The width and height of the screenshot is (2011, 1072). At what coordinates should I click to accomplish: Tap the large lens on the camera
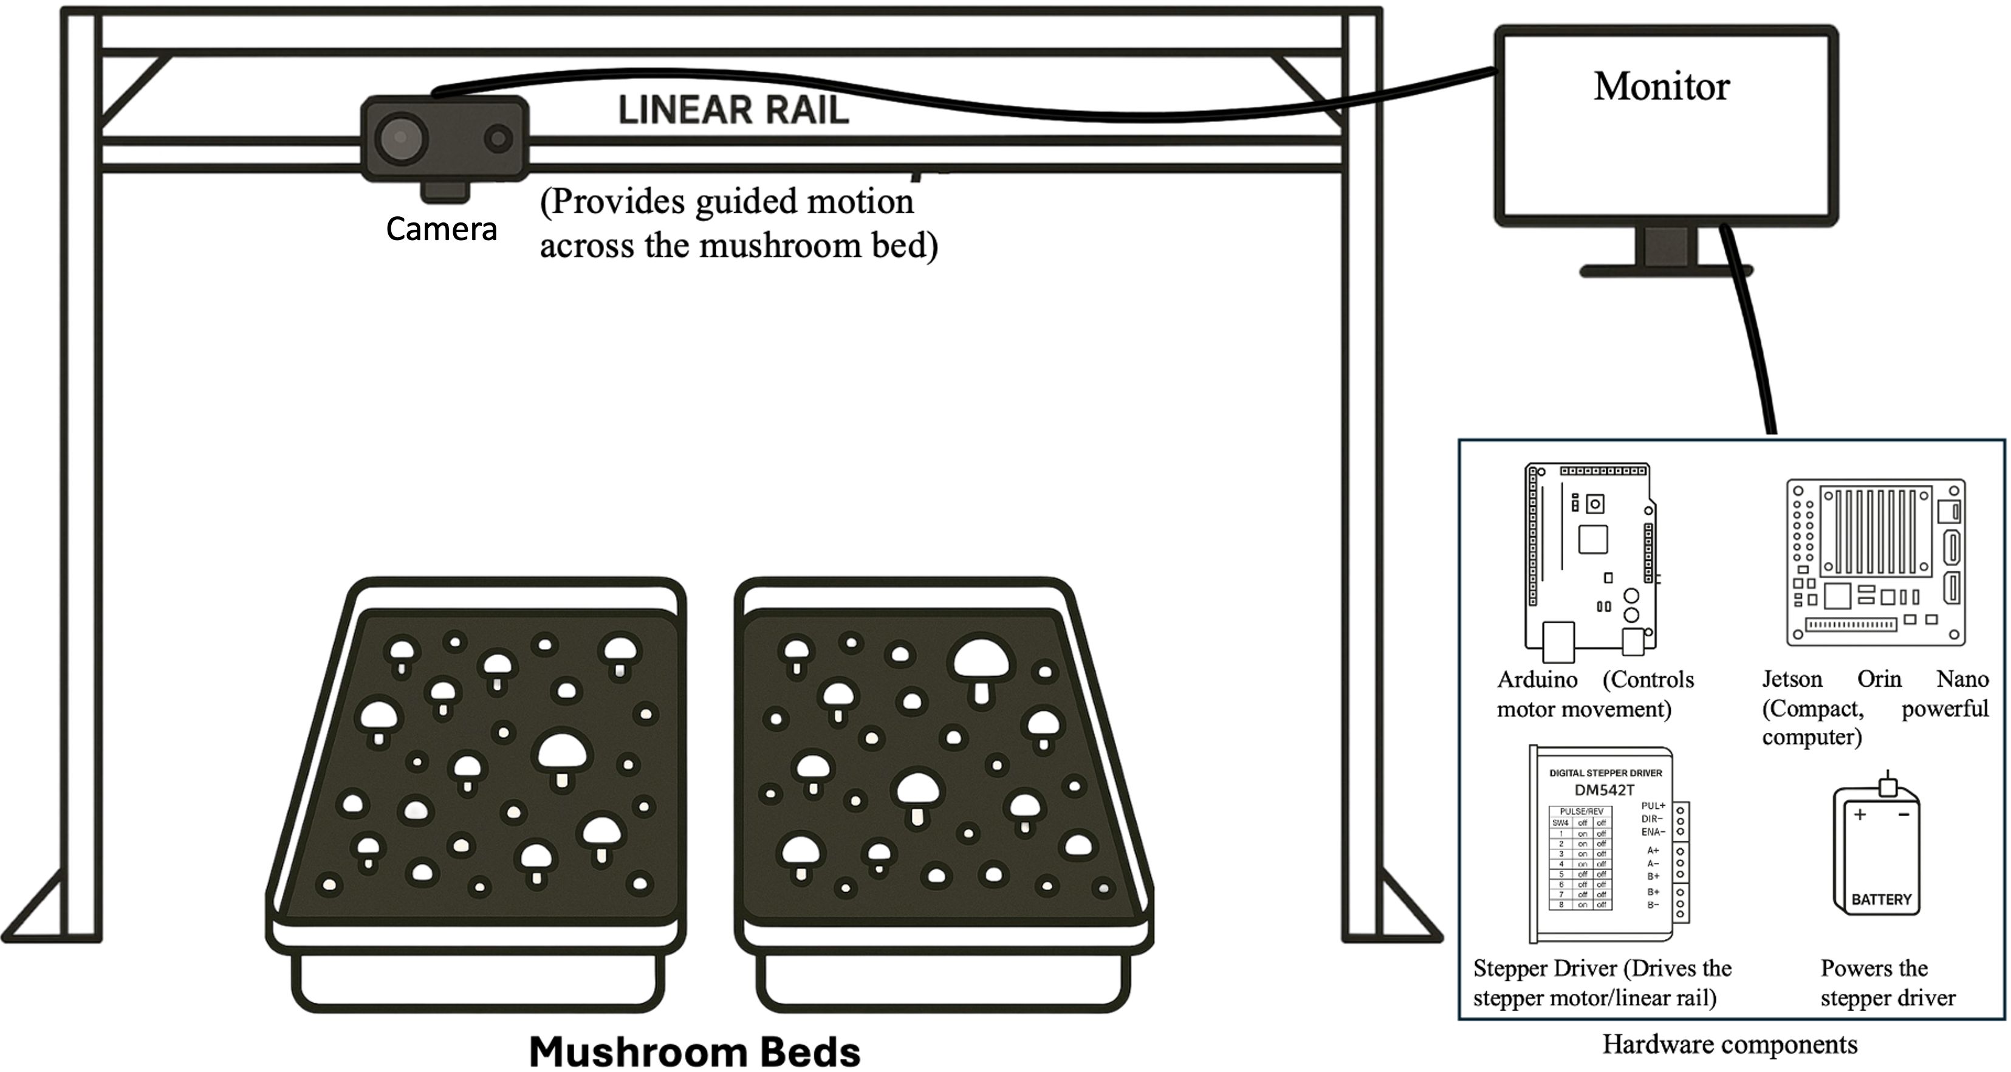tap(401, 138)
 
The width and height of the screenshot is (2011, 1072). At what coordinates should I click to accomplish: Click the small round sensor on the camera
tap(498, 139)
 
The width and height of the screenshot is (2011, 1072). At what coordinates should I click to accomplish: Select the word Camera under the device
tap(441, 228)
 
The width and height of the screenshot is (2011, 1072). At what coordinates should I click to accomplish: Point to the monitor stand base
tap(1666, 271)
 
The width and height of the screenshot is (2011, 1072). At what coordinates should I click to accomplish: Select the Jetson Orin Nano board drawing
tap(1875, 562)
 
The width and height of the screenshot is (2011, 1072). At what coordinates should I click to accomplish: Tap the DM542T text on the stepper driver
tap(1605, 789)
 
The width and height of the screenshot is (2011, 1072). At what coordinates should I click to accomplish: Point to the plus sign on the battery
tap(1860, 814)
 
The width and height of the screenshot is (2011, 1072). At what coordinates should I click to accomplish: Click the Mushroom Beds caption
tap(694, 1052)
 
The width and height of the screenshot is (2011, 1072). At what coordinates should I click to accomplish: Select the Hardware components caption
tap(1730, 1044)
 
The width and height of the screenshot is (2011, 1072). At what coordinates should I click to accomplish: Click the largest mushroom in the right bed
tap(980, 664)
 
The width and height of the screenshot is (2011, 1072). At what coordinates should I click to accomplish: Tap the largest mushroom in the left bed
tap(561, 755)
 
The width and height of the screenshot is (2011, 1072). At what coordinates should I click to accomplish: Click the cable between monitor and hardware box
tap(1753, 335)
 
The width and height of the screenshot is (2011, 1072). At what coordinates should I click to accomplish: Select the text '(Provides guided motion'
tap(726, 201)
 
